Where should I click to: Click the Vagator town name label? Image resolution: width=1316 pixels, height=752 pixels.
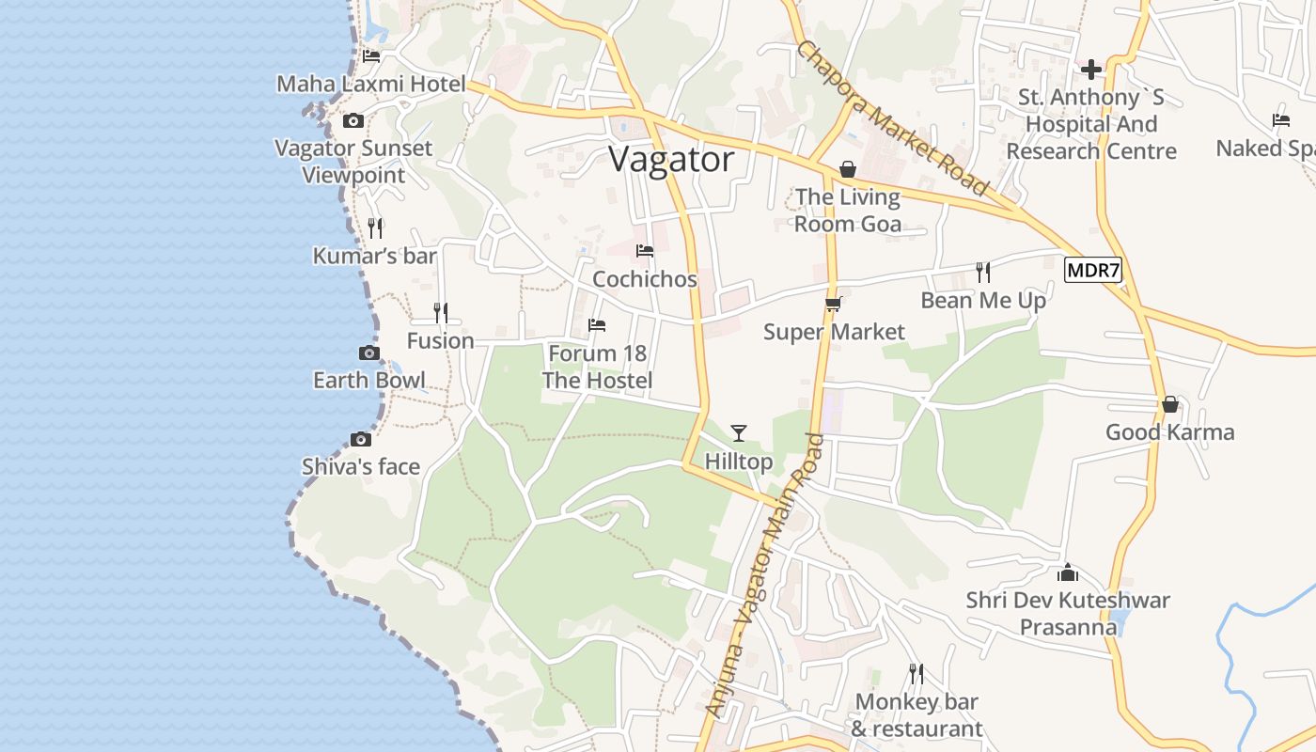(x=671, y=160)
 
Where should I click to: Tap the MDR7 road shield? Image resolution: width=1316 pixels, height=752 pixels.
(x=1093, y=271)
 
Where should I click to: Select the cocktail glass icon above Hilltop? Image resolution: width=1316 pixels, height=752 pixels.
(x=739, y=432)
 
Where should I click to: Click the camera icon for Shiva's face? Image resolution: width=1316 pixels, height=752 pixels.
(x=360, y=439)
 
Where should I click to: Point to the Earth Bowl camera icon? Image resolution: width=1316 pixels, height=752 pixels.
(x=369, y=352)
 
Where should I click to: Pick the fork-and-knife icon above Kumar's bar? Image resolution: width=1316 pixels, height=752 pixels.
(x=375, y=227)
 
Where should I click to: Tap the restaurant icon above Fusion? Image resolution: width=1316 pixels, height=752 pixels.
(x=440, y=312)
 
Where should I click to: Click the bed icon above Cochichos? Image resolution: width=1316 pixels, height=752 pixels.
(x=645, y=251)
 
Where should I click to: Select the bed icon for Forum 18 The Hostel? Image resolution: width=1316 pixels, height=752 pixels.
(x=597, y=325)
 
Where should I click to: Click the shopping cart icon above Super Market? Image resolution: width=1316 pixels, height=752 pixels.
(x=833, y=304)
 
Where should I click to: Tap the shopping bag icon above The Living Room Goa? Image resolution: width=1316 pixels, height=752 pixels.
(x=848, y=169)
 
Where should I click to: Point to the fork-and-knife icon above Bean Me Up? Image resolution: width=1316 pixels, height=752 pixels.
(x=983, y=273)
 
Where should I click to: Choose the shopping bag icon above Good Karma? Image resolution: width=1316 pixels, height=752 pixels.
(x=1170, y=404)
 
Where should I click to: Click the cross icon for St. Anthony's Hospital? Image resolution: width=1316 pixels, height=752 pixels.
(x=1091, y=69)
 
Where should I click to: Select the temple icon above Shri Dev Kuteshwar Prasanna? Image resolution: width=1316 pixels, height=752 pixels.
(x=1068, y=572)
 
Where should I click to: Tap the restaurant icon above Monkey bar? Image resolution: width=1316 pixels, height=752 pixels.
(x=916, y=673)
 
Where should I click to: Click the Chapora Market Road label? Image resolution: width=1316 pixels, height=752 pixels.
(x=892, y=117)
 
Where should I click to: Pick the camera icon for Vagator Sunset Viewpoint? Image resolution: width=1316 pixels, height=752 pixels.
(x=353, y=120)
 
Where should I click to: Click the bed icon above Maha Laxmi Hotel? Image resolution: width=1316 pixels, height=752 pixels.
(x=371, y=55)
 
